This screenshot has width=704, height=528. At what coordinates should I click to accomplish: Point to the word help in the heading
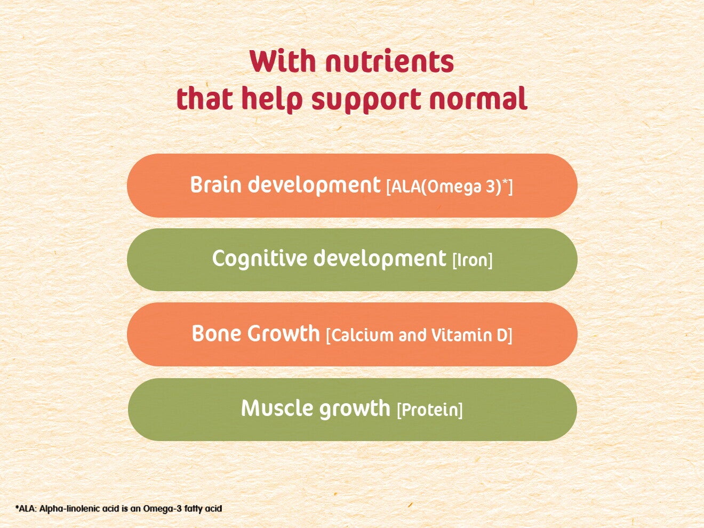point(271,100)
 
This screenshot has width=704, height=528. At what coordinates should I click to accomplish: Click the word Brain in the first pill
point(216,185)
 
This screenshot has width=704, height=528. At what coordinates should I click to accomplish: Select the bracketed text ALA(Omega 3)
point(446,186)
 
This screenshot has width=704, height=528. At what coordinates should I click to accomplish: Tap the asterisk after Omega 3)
point(505,183)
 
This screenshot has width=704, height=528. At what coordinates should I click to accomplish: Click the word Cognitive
point(260,259)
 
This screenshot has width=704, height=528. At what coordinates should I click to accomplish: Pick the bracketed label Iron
point(473,261)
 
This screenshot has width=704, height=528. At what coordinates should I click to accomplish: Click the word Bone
point(217,334)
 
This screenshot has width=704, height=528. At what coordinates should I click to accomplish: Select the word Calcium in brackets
point(362,335)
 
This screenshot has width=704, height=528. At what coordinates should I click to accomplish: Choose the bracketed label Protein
point(429,410)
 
